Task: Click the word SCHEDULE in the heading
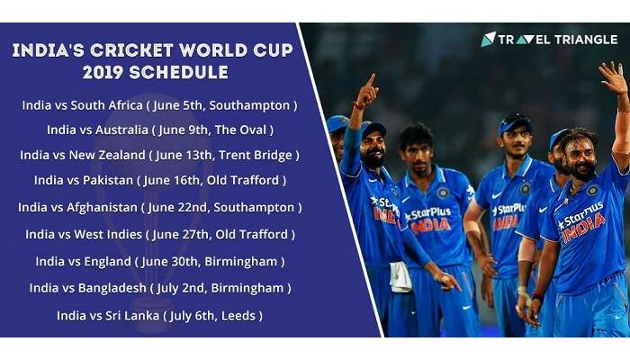click(179, 73)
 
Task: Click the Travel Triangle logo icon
click(488, 39)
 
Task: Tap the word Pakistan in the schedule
click(108, 180)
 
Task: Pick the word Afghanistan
click(102, 208)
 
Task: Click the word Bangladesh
click(112, 289)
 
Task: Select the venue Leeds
click(238, 316)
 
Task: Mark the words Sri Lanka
click(132, 316)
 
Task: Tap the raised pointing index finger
click(371, 80)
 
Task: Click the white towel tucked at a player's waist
click(400, 276)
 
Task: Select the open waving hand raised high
click(613, 77)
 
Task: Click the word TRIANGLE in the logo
click(585, 40)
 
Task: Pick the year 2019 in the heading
click(103, 73)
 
